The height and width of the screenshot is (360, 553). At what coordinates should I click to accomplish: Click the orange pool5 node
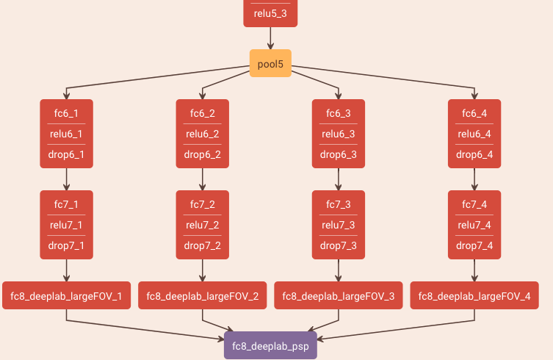point(270,64)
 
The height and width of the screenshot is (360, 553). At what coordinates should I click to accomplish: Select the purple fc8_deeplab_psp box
point(270,345)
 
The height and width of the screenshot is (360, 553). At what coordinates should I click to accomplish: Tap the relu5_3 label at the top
point(270,13)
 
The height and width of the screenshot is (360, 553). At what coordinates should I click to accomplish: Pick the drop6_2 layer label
point(202,155)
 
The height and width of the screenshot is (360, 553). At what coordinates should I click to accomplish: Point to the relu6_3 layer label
point(338,134)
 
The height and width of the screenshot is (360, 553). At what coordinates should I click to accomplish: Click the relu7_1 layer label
point(66,225)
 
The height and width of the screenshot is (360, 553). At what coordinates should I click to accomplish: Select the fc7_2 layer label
point(202,204)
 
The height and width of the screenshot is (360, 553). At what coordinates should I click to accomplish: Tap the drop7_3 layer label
point(338,245)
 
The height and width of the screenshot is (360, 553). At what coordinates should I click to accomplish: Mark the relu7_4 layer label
point(474,225)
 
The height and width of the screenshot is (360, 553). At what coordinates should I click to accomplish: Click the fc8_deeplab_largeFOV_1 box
point(66,296)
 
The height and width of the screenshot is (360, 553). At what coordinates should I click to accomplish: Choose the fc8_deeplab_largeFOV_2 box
point(202,296)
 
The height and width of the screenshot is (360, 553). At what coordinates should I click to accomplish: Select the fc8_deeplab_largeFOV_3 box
point(338,296)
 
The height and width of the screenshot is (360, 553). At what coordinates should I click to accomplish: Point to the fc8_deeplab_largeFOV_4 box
point(474,296)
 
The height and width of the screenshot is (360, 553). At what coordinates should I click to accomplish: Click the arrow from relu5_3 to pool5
point(270,38)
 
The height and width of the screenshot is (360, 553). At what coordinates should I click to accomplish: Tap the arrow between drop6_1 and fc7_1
point(66,179)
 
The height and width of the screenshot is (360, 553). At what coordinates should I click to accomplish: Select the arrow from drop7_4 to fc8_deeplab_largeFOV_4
point(474,270)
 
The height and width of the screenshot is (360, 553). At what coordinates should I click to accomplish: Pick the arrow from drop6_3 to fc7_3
point(338,179)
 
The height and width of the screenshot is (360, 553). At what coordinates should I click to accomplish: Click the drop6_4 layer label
point(474,155)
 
